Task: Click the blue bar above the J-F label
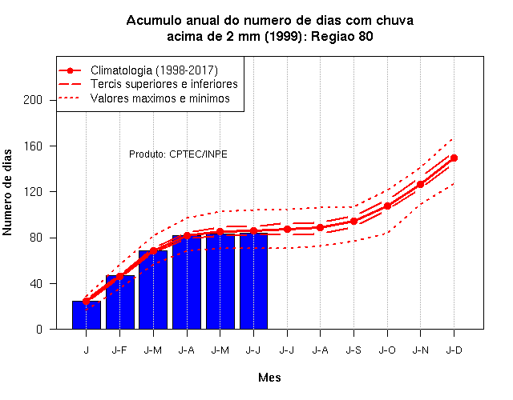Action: tap(120, 302)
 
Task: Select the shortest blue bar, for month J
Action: tap(87, 314)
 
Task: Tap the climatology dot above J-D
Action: tap(454, 158)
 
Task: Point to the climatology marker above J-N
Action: tap(420, 184)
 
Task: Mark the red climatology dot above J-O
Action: tap(387, 206)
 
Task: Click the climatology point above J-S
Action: tap(353, 221)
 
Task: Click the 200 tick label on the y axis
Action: tap(33, 100)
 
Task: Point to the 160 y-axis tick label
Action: tap(33, 146)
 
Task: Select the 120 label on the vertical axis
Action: tap(33, 192)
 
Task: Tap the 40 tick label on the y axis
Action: tap(36, 283)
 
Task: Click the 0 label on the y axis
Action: tap(39, 329)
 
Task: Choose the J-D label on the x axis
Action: tap(454, 350)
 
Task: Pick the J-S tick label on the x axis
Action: tap(353, 350)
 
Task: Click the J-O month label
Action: tap(387, 350)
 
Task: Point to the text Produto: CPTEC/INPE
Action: tap(178, 154)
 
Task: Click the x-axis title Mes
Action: tap(269, 378)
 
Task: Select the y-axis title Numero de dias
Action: tap(7, 192)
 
